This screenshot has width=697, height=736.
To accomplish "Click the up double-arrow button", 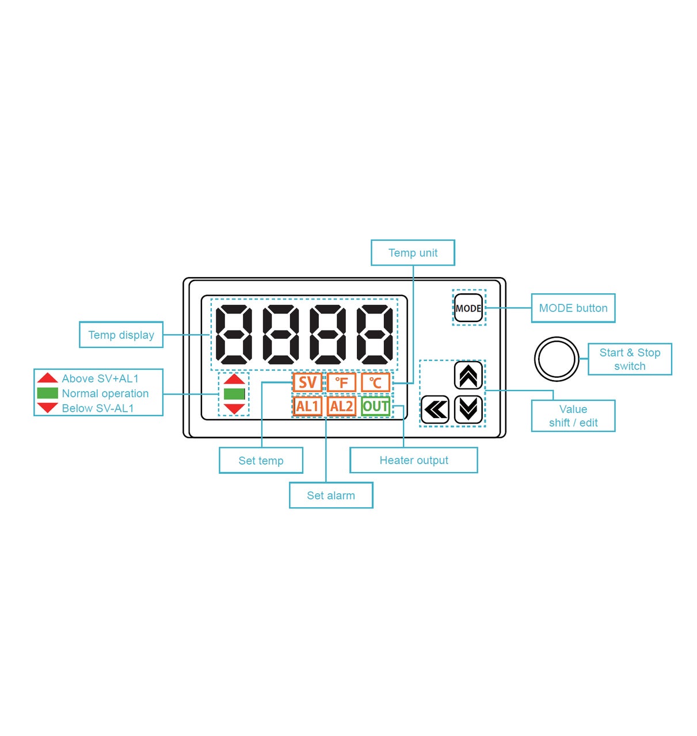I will tap(468, 375).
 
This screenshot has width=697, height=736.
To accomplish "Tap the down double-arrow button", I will tap(468, 409).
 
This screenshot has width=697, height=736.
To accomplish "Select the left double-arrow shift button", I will tap(435, 409).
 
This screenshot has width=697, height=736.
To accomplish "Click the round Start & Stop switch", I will tap(557, 359).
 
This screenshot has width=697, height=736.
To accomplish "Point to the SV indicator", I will tap(307, 382).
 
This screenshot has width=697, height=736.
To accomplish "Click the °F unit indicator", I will tap(341, 382).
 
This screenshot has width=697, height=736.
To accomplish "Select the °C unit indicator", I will tap(375, 382).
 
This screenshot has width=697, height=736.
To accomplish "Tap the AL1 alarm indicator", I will tap(307, 407).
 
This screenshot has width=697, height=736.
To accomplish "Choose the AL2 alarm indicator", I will tap(341, 407).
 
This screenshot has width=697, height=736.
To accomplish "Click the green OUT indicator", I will tap(375, 407).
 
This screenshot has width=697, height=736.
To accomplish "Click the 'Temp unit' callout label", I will tap(413, 253).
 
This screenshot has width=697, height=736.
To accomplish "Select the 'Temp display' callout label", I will tap(121, 335).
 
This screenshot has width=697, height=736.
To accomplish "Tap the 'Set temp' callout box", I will tap(261, 461).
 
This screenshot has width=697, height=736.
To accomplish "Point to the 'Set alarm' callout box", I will tap(331, 496).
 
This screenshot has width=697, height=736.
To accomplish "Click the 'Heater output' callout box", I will tap(414, 461).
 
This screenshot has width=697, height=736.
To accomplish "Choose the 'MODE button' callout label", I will tap(573, 308).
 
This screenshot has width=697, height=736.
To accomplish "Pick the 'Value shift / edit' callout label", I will tap(573, 416).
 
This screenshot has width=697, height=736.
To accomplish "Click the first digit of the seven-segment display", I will tap(234, 335).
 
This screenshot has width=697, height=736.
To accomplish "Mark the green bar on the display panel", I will tap(234, 394).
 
